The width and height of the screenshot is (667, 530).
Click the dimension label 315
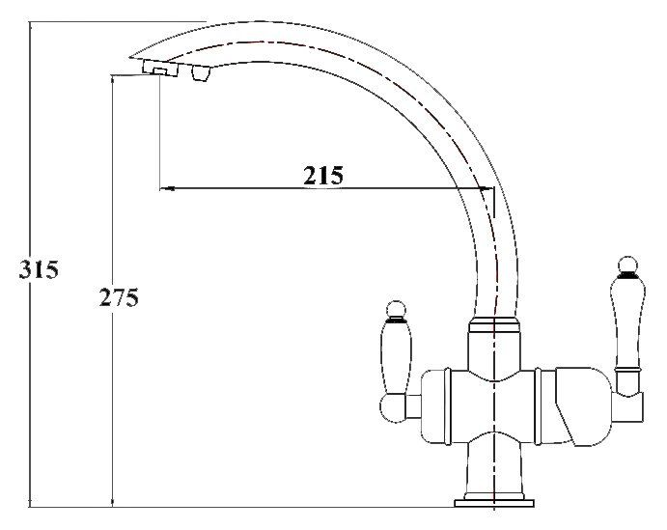coord(39,270)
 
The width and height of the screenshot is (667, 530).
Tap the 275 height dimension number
coord(119,298)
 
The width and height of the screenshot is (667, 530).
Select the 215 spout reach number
coord(323,176)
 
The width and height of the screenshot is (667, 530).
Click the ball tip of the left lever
coord(394,309)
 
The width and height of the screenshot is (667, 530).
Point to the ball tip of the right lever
coord(626,265)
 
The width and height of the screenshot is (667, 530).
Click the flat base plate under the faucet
coord(493,502)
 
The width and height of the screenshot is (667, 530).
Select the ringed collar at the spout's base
coord(493,328)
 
